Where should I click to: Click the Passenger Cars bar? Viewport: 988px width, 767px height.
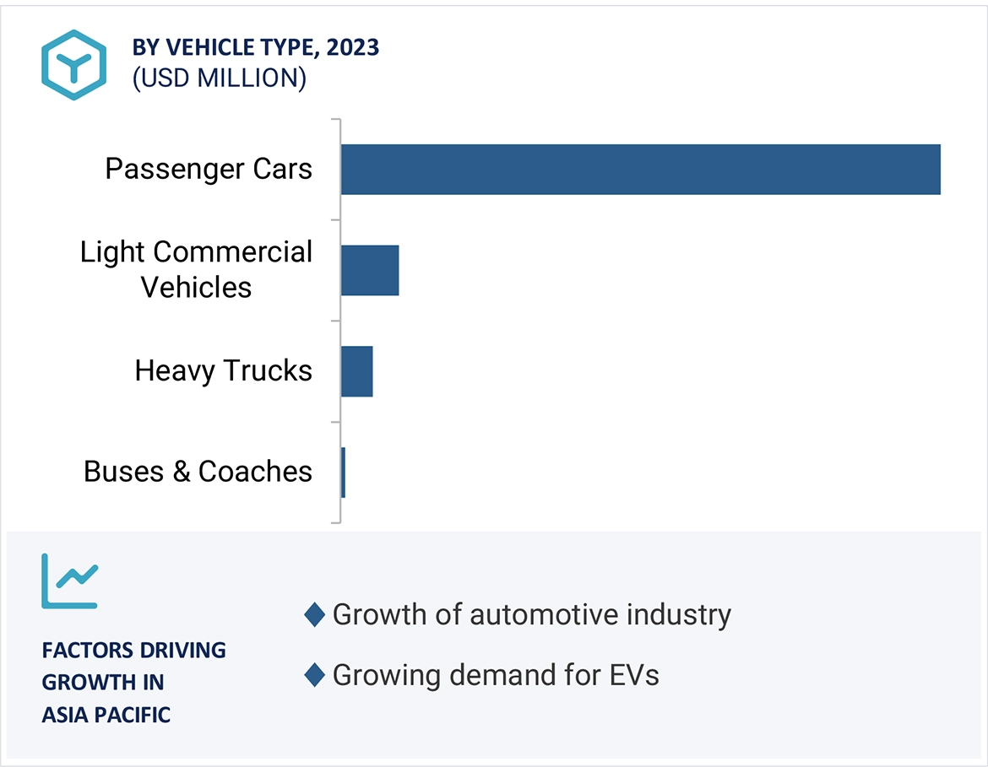click(640, 170)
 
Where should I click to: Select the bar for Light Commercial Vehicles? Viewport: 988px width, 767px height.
click(370, 271)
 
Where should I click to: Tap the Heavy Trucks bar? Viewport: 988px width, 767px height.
click(356, 371)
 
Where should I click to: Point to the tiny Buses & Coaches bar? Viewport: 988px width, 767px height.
click(343, 473)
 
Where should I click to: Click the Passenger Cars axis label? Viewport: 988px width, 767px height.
click(209, 169)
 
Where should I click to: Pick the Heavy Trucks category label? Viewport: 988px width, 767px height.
click(223, 370)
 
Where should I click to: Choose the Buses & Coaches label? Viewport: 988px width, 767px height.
click(198, 472)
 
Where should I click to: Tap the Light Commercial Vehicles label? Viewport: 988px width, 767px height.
click(196, 269)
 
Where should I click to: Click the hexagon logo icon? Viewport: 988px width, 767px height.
click(74, 65)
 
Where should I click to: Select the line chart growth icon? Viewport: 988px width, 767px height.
click(70, 581)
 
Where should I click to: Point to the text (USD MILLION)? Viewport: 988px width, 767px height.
click(220, 78)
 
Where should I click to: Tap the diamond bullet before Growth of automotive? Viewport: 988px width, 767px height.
click(314, 615)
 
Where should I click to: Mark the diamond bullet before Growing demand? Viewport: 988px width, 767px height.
click(314, 675)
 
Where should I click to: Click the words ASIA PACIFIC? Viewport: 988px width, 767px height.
click(106, 716)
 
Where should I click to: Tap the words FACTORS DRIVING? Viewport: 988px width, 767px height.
click(134, 651)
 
